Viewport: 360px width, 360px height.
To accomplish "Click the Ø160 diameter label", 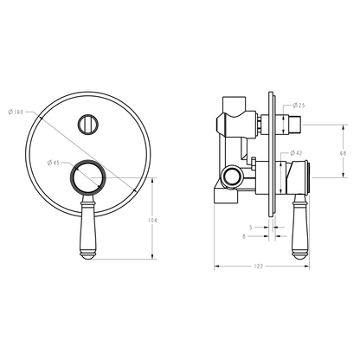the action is tap(16, 112).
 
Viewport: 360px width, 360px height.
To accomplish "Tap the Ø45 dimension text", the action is tap(54, 163).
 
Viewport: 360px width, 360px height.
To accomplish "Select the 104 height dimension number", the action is tap(152, 221).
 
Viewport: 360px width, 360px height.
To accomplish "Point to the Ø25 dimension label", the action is tap(299, 106).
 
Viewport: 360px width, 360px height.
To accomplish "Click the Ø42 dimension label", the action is tap(296, 153).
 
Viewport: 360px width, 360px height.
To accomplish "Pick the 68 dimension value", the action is tap(343, 153).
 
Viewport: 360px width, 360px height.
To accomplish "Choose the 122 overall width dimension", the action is tap(258, 267).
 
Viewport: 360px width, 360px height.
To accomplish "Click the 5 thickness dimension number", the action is tap(251, 228).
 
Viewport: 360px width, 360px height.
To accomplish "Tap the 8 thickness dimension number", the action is tap(244, 236).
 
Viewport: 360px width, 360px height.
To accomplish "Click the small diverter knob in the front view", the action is tap(88, 125).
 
